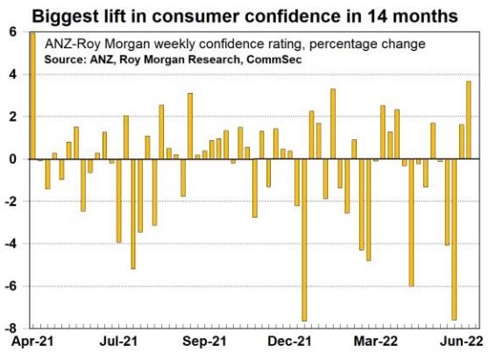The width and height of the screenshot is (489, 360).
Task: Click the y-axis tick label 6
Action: point(13,32)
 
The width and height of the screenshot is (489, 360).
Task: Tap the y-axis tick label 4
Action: point(13,74)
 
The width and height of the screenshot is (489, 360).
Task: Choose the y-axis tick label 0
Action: point(13,159)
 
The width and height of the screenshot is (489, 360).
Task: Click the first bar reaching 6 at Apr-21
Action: point(32,96)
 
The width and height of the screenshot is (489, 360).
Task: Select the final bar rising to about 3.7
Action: point(469,120)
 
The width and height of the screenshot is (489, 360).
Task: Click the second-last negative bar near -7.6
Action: point(454,239)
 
